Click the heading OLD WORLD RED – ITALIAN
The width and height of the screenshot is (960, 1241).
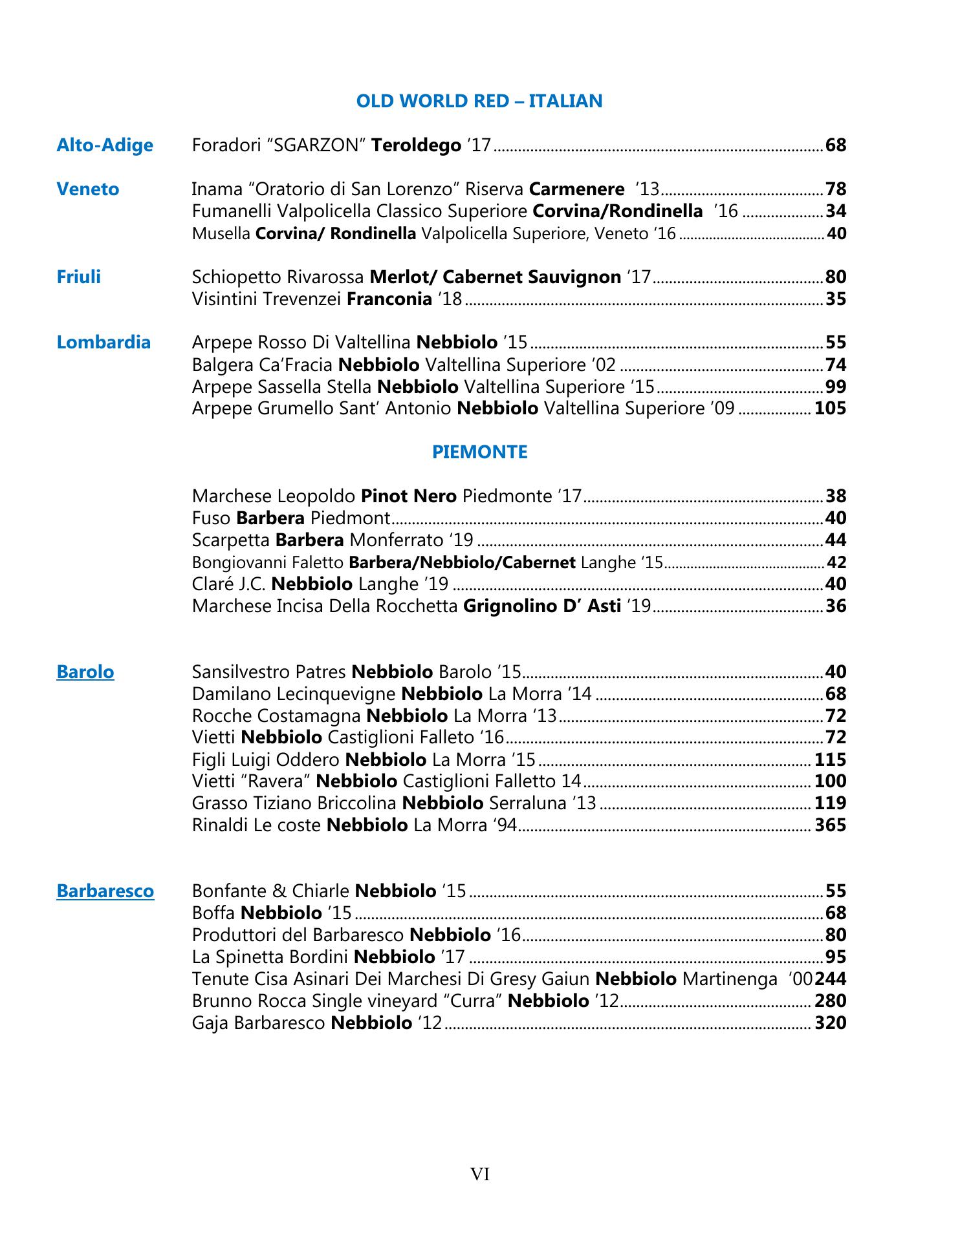(479, 101)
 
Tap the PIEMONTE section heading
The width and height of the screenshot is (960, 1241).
(479, 452)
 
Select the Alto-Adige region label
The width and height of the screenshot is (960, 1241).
(105, 145)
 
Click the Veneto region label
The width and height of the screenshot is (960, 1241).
(88, 189)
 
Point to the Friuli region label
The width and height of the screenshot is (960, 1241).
(78, 277)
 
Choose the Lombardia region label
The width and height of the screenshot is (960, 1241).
(104, 342)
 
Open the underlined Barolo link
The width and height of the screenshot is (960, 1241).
(85, 672)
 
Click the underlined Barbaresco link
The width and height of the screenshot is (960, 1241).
(105, 891)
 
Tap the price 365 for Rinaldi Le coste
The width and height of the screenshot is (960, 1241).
(830, 825)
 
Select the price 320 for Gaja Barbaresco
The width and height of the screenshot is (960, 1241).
(830, 1023)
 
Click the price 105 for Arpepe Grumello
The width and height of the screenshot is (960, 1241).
(830, 408)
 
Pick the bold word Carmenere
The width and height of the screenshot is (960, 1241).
(576, 189)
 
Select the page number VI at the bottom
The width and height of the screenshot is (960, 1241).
(479, 1174)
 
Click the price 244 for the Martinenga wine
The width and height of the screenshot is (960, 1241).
(831, 979)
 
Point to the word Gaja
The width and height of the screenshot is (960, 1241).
(210, 1023)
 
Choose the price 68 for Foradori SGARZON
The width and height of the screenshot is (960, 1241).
(836, 145)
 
